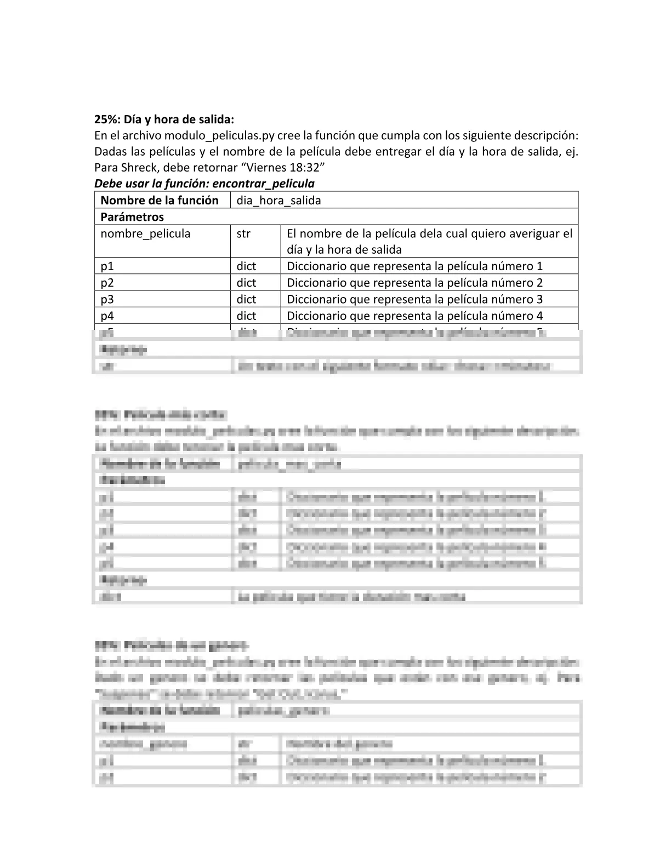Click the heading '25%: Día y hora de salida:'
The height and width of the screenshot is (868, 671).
coord(164,119)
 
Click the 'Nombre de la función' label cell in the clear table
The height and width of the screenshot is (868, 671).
coord(160,200)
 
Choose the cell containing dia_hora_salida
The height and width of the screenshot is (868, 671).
coord(278,200)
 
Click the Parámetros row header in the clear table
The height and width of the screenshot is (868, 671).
coord(132,216)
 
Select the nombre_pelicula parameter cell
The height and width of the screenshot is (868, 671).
coord(145,233)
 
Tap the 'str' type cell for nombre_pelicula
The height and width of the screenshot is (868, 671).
coord(243,233)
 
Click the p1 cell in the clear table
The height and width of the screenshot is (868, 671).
coord(107,266)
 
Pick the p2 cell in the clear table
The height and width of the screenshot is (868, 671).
coord(107,283)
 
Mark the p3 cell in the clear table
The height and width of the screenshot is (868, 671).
coord(107,299)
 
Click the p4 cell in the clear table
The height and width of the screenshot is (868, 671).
coord(107,316)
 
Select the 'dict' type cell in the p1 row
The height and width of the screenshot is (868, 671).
coord(246,266)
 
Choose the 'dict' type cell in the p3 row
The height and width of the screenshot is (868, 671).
coord(246,299)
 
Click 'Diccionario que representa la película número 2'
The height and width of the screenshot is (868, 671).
coord(414,283)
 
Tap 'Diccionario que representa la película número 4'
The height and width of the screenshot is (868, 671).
coord(414,316)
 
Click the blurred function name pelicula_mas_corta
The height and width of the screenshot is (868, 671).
coord(289,464)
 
